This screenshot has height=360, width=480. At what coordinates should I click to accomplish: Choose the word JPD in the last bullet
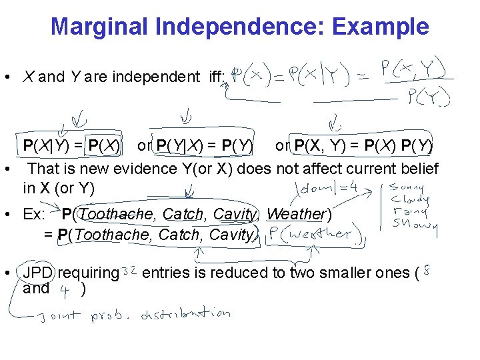pos(37,273)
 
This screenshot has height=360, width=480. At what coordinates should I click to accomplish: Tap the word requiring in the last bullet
pos(88,273)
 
